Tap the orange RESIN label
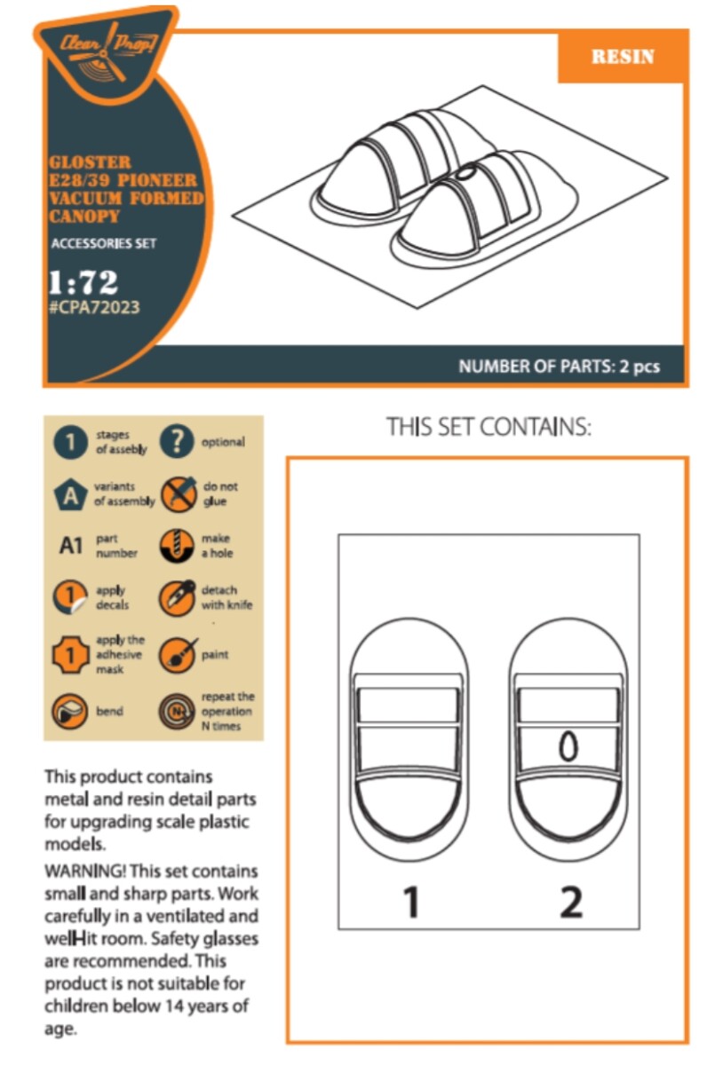[623, 57]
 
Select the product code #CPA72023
[94, 307]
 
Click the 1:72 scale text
[83, 282]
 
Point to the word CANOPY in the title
[83, 217]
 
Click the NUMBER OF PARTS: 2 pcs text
[559, 366]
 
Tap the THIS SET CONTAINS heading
[489, 427]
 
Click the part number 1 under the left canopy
[412, 901]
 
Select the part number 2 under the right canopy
[571, 901]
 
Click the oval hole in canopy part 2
[568, 747]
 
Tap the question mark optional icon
[177, 441]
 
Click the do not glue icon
[178, 494]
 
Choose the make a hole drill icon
[176, 547]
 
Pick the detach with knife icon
[177, 598]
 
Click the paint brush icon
[177, 655]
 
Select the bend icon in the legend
[70, 712]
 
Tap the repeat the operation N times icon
[176, 712]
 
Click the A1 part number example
[71, 546]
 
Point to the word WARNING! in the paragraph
[85, 872]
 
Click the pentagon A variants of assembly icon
[70, 495]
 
